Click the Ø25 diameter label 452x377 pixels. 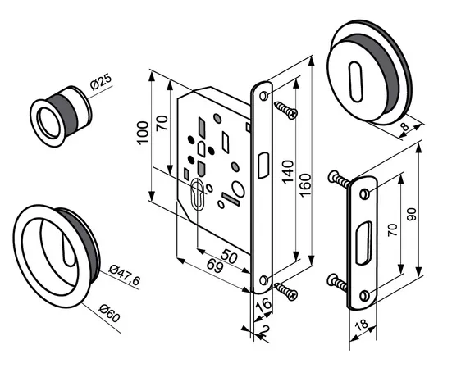[101, 81]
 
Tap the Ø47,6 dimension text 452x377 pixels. [125, 275]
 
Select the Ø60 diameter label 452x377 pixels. [109, 312]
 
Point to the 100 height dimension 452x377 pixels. [143, 133]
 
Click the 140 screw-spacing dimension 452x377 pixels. [288, 172]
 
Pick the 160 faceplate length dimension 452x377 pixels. [305, 185]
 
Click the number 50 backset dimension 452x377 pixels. [229, 256]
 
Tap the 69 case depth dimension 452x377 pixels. [215, 266]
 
